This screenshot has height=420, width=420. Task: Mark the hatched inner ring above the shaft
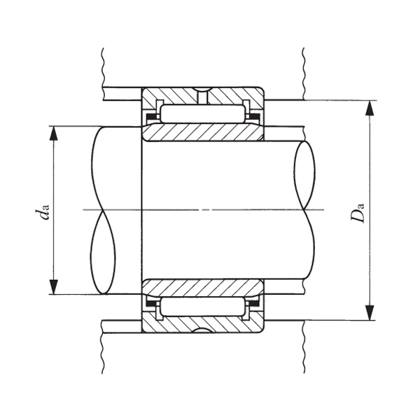click(x=203, y=132)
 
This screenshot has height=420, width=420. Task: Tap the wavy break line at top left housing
click(x=102, y=66)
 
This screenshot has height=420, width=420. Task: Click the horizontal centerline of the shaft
click(x=203, y=209)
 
